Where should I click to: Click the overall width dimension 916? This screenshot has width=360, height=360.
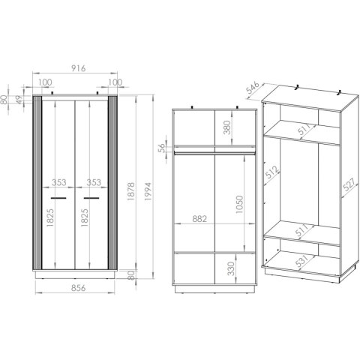(79, 68)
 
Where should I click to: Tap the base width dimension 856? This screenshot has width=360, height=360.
(79, 288)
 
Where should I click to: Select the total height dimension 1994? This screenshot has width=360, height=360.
(148, 191)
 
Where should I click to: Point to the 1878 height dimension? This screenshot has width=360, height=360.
(131, 191)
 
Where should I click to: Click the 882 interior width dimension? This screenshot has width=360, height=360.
(199, 219)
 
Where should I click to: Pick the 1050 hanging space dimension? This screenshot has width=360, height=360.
(239, 204)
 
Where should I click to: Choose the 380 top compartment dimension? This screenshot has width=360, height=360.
(227, 127)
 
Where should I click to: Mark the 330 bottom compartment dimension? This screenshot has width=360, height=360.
(231, 268)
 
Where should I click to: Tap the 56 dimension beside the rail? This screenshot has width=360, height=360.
(162, 148)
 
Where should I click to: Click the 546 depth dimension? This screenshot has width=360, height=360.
(253, 88)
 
